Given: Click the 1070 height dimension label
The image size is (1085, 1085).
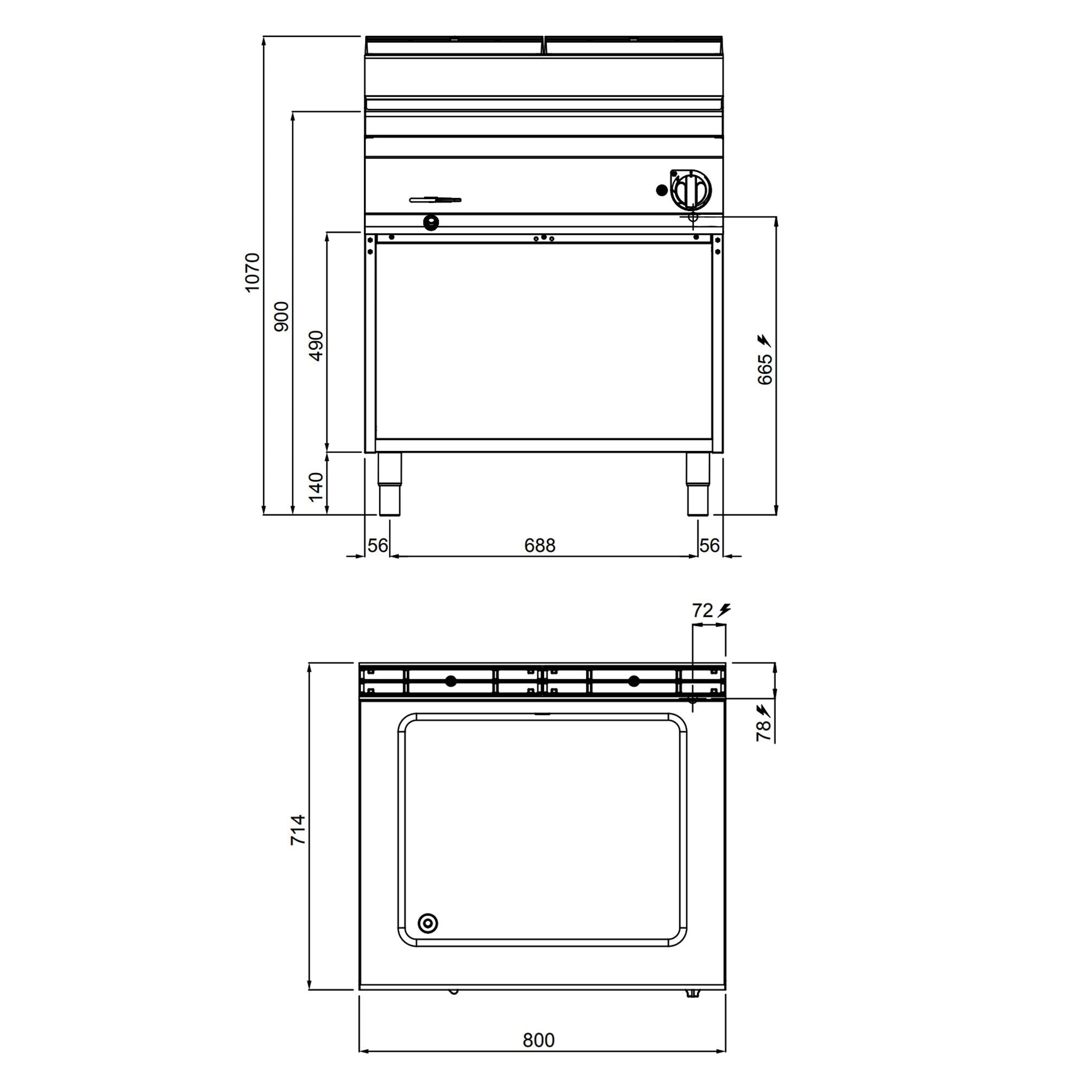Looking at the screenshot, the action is click(x=253, y=272).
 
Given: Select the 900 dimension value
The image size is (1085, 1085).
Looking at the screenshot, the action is click(x=282, y=316).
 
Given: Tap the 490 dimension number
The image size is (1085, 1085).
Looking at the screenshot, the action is click(x=316, y=346).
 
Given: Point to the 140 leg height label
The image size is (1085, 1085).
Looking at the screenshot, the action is click(x=316, y=486).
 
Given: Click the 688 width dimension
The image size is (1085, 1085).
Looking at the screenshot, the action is click(x=540, y=545).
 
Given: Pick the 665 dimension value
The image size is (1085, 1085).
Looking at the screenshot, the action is click(x=765, y=369).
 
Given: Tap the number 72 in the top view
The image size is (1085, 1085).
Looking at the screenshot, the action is click(x=702, y=610).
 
